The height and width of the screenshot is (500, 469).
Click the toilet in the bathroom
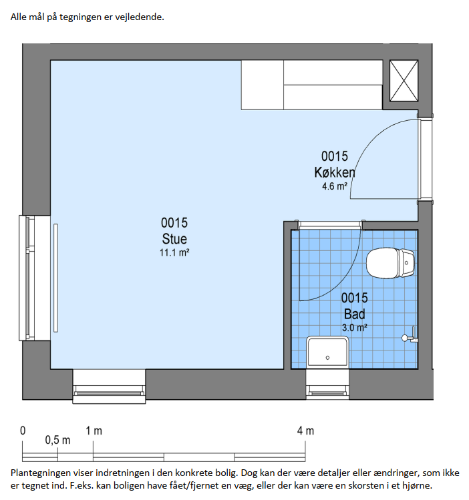tap(390, 264)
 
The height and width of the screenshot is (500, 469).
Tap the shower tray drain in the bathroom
tap(327, 358)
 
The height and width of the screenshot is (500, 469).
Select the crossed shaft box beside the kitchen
tap(404, 81)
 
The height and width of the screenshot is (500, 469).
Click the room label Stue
tap(174, 239)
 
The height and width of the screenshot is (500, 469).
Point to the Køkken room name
tap(334, 172)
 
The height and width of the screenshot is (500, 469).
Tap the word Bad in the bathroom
tap(355, 314)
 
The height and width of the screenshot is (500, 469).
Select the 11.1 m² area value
tap(174, 253)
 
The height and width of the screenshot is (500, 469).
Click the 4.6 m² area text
tap(334, 186)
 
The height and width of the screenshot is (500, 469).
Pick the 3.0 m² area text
tap(355, 328)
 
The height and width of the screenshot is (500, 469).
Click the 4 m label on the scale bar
tap(305, 431)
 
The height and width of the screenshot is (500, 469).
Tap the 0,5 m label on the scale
tap(57, 440)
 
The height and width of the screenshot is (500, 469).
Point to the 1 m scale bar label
tap(94, 431)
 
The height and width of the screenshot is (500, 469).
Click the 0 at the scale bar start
tap(23, 431)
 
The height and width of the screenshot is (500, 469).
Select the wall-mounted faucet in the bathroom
tap(410, 336)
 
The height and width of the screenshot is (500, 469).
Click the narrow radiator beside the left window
tap(55, 278)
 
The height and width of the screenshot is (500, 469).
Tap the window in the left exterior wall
tap(35, 278)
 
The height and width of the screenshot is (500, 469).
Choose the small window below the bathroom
tap(327, 385)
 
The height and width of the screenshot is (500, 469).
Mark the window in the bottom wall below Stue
tap(109, 387)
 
